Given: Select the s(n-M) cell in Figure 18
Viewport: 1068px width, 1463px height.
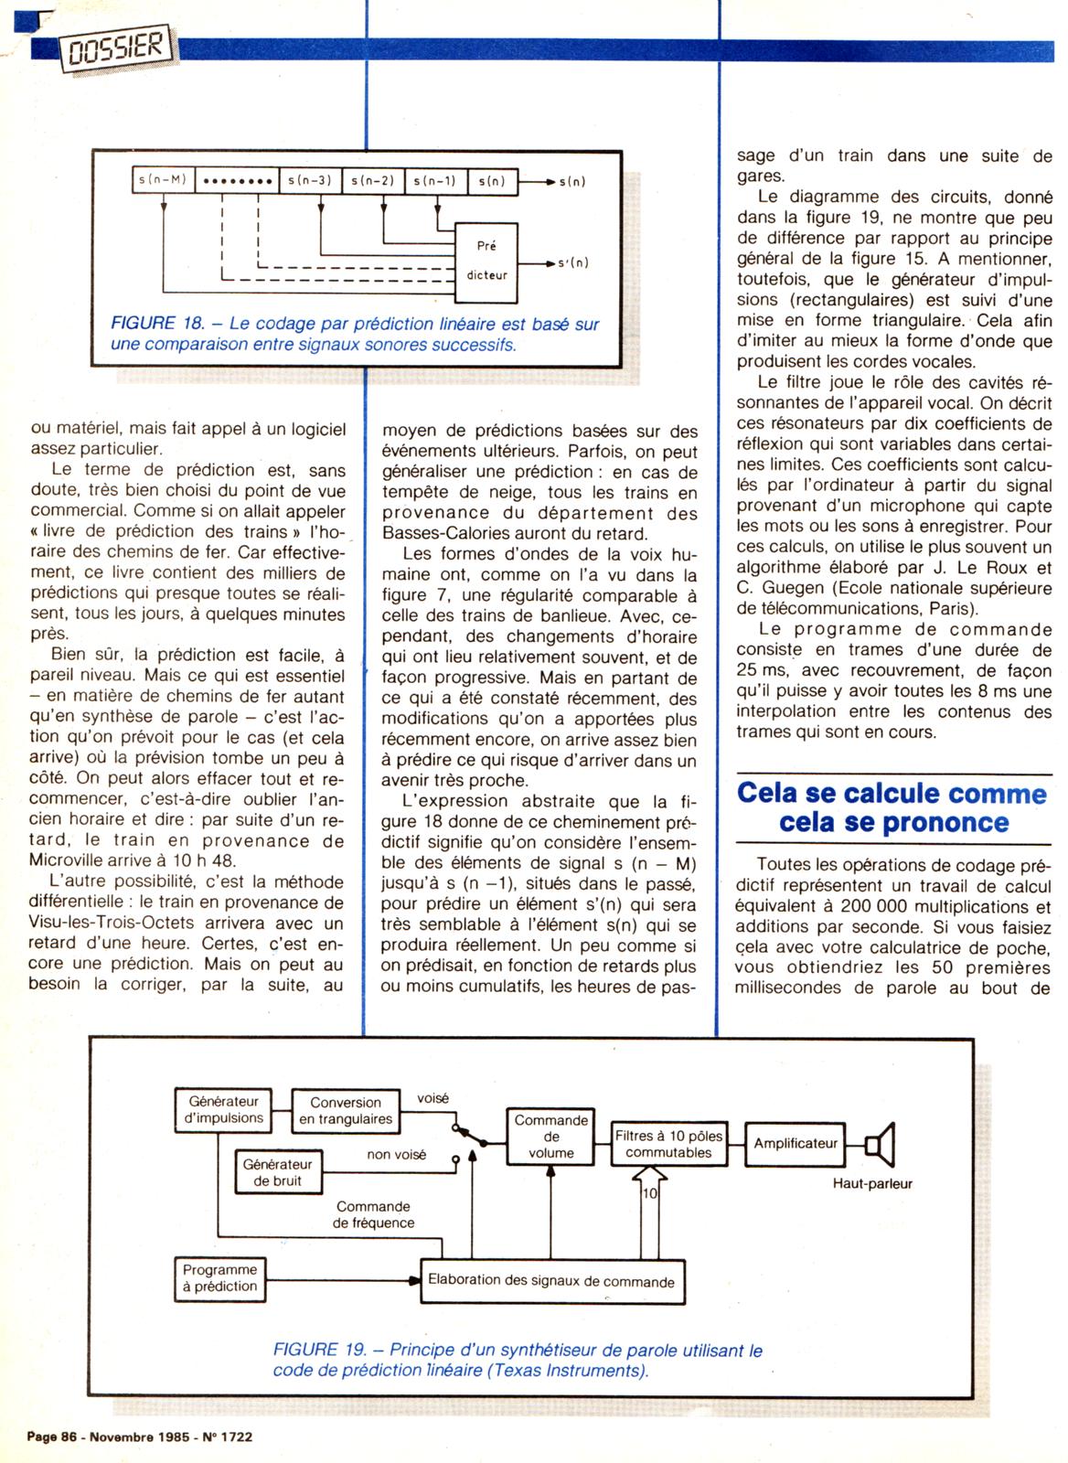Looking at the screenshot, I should coord(163,180).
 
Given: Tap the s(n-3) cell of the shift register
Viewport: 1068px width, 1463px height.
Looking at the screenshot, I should coord(309,181).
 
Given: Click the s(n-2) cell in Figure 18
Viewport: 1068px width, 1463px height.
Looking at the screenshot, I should coord(372,181).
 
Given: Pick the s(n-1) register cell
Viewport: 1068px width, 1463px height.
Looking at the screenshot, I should coord(435,181).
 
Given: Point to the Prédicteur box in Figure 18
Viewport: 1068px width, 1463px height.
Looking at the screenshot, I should coord(486,260).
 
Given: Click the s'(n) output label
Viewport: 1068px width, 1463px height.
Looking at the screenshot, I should coord(573,263).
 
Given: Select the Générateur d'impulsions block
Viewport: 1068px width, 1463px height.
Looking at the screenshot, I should coord(224,1109).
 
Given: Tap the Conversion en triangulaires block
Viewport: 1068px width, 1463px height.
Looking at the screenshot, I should coord(346,1110).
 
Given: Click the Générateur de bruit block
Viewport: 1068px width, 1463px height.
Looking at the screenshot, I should coord(277,1172).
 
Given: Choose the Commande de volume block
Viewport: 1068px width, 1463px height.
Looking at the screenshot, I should coord(551,1136).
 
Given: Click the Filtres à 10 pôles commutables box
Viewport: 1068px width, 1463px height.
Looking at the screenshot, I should coord(668,1144).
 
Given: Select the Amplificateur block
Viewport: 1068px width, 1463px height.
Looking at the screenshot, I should coord(796,1143).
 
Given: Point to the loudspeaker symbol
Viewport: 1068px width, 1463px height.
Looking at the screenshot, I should coord(880,1144).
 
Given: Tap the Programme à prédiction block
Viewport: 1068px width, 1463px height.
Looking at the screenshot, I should coord(220,1277).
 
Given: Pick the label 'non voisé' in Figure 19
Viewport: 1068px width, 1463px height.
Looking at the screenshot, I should coord(397,1155).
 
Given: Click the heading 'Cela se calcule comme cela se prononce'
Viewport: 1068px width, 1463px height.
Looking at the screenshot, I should coord(892,806).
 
